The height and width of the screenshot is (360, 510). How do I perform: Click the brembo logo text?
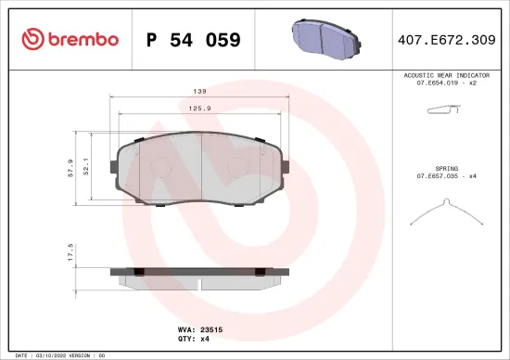[x=76, y=39]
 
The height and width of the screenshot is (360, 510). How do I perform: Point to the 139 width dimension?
[x=199, y=93]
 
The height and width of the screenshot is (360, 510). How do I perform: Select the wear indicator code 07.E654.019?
[x=440, y=84]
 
